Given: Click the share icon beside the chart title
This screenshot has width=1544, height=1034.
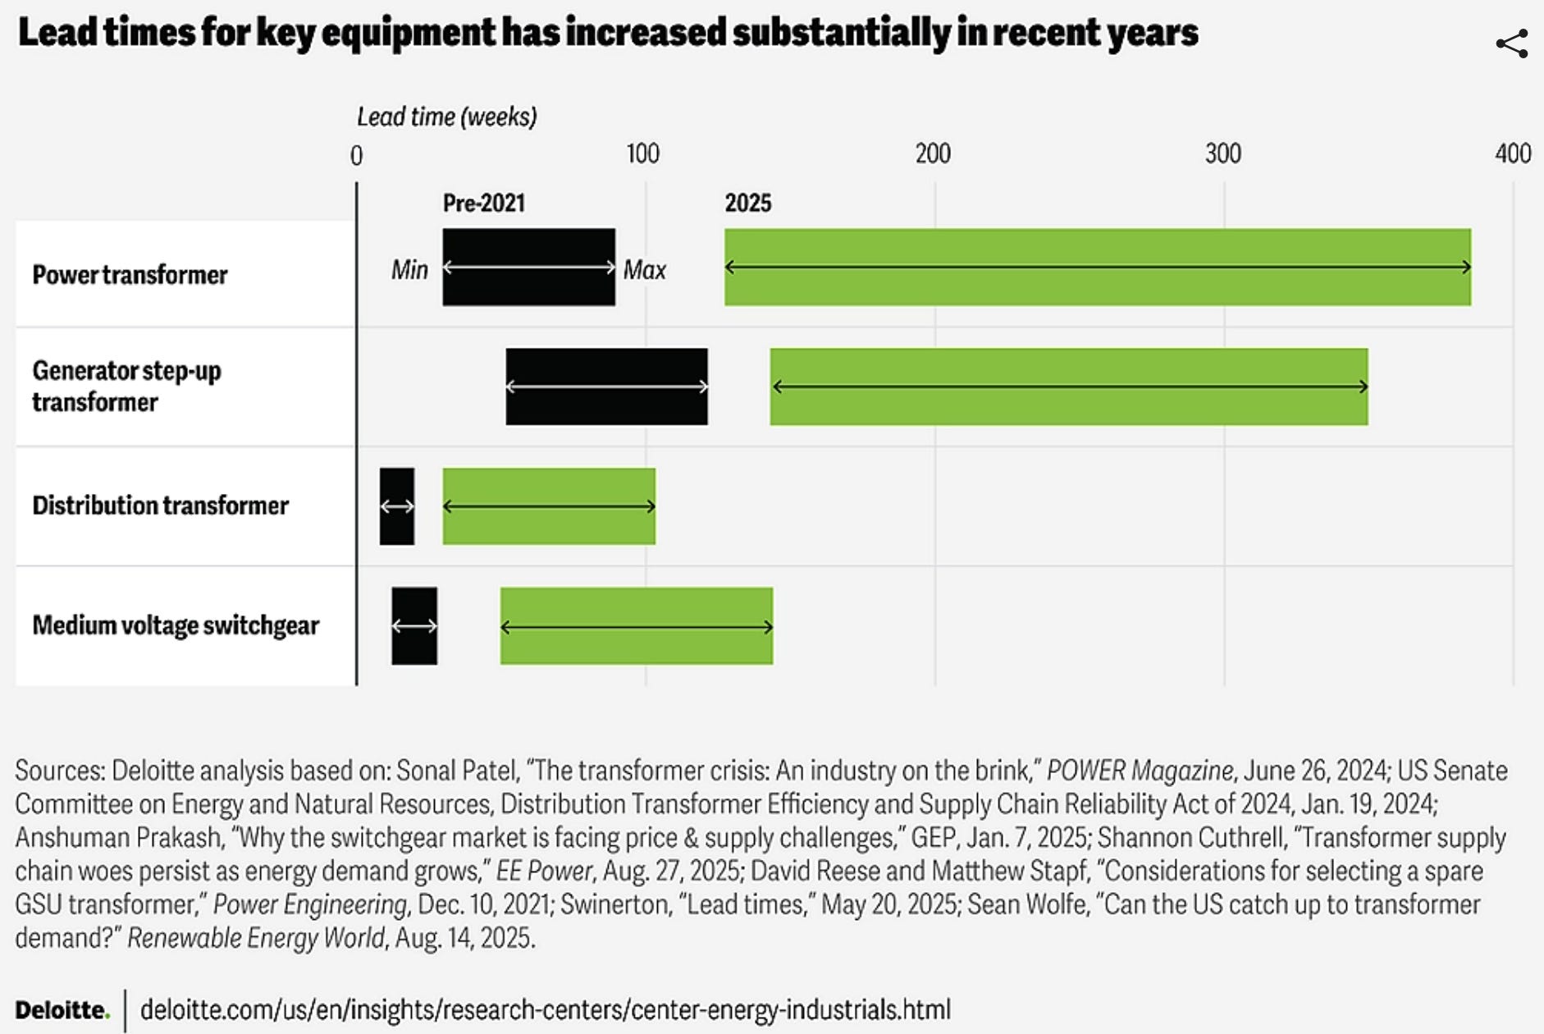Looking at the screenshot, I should [1511, 44].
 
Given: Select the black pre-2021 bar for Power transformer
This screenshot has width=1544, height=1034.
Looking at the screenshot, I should [528, 268].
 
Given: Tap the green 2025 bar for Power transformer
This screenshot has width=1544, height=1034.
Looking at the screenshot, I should [1097, 268].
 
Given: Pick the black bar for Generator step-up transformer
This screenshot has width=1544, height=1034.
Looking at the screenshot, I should [606, 387].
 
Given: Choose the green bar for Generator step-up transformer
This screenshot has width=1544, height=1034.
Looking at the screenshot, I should [1068, 387].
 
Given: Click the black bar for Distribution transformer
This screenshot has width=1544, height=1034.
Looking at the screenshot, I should [397, 506].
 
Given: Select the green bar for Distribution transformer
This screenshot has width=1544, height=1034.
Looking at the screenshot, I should [549, 506].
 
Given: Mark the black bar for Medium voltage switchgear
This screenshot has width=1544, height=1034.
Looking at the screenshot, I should [414, 626].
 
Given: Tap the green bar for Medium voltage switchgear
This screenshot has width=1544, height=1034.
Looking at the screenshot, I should [637, 626].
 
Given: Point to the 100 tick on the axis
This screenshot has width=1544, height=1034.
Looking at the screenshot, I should [642, 153].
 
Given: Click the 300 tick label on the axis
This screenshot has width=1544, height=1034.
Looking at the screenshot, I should [1222, 153].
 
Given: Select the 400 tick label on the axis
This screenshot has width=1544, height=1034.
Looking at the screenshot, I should [1512, 153].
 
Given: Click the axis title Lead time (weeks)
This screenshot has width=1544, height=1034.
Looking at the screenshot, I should [446, 117].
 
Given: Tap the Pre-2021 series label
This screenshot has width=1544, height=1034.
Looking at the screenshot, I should [483, 203].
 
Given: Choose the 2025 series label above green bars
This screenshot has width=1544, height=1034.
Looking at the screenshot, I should [747, 203].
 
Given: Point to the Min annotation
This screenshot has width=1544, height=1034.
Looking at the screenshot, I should [409, 269].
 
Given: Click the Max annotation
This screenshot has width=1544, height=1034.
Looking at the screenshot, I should [645, 269].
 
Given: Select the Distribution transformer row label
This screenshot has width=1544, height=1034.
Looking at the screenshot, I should [161, 506].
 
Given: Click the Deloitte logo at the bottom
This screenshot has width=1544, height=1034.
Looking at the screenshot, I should [62, 1009].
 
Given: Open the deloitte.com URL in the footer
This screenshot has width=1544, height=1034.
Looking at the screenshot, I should [546, 1009].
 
